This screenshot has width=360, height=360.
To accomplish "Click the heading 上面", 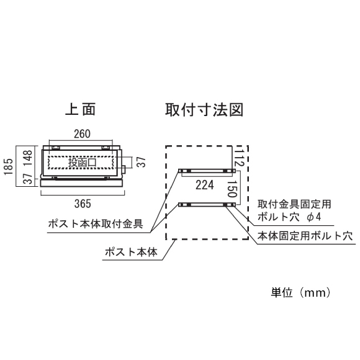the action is (x=80, y=110).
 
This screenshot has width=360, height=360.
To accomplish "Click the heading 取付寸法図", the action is (x=204, y=110).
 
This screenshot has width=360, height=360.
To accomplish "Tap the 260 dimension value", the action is (x=82, y=134).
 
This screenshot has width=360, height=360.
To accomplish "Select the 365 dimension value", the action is (x=83, y=204).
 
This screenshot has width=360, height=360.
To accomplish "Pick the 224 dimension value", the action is (x=205, y=185).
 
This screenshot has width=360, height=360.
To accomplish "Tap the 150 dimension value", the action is (x=232, y=189).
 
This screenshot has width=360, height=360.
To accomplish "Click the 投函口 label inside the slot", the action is (x=82, y=163).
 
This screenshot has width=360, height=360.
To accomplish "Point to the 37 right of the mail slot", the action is (x=142, y=162).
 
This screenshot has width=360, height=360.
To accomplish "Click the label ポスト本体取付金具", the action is (x=96, y=223).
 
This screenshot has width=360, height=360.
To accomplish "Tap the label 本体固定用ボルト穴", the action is (x=305, y=236).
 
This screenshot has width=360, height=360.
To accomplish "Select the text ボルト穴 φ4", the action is (x=289, y=217).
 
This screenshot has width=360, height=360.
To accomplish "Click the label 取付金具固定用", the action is (x=294, y=204).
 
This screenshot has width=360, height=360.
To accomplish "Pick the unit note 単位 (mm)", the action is (x=301, y=293).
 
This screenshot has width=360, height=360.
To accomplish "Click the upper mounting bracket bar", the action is (x=207, y=171).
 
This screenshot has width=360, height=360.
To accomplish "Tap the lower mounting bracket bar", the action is (x=207, y=205).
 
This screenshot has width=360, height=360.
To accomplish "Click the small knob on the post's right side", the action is (x=124, y=169).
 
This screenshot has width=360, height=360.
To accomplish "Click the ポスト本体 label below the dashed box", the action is (x=131, y=252).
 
